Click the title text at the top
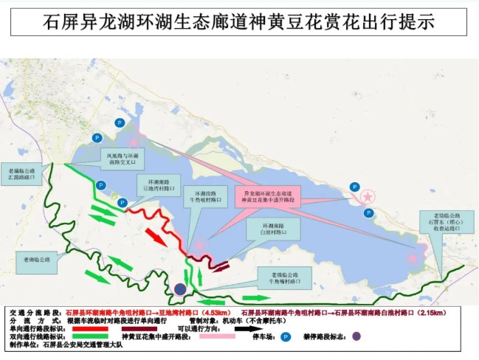239,21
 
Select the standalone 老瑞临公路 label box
36,259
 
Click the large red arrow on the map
156,237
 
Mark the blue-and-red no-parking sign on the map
180,289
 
